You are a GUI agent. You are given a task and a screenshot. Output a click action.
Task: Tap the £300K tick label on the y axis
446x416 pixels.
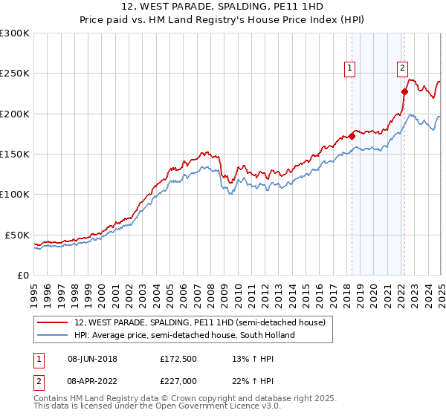[x=15, y=33]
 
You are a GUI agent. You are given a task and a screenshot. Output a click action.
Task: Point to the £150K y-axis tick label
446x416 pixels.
[x=15, y=155]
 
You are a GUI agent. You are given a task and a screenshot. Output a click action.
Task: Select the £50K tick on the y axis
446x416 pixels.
[x=17, y=235]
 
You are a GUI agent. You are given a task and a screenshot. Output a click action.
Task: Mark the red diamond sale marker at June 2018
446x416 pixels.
[x=352, y=136]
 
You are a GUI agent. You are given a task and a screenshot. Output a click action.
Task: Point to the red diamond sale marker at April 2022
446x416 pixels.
[x=404, y=92]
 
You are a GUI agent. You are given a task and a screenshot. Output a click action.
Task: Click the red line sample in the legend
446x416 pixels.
[x=53, y=323]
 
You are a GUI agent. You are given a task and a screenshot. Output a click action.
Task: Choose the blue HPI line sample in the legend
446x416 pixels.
[x=53, y=335]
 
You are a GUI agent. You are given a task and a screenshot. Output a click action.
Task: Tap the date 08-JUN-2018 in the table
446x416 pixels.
[x=92, y=359]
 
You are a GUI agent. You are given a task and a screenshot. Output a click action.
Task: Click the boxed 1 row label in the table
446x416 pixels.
[x=38, y=359]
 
